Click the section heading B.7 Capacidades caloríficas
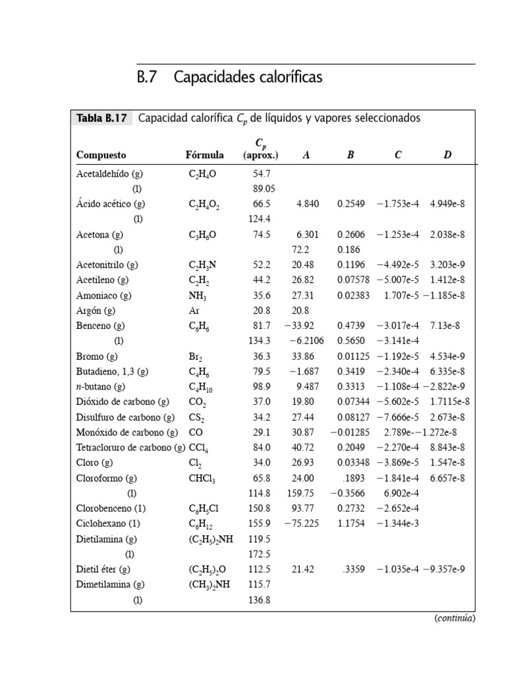pyautogui.click(x=230, y=78)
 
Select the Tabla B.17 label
pyautogui.click(x=101, y=119)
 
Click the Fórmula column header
pyautogui.click(x=205, y=156)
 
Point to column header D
pyautogui.click(x=447, y=156)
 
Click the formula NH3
pyautogui.click(x=197, y=297)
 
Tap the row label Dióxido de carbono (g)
pyautogui.click(x=123, y=402)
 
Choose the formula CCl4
pyautogui.click(x=198, y=448)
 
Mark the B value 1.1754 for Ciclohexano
pyautogui.click(x=351, y=524)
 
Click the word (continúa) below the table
pyautogui.click(x=454, y=618)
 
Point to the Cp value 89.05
pyautogui.click(x=262, y=189)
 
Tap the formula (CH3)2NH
pyautogui.click(x=210, y=585)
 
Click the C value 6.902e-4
pyautogui.click(x=398, y=494)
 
